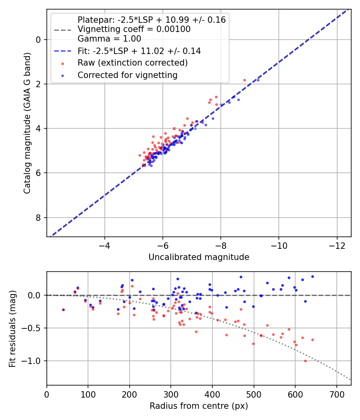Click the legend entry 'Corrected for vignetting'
click(x=128, y=75)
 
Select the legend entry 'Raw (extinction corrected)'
click(x=132, y=63)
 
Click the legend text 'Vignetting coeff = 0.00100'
click(x=134, y=29)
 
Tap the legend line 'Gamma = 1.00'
click(x=109, y=38)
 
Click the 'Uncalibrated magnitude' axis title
click(x=199, y=257)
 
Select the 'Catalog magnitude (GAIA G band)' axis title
click(x=27, y=123)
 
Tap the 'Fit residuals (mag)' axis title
click(x=12, y=329)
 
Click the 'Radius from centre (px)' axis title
click(x=199, y=406)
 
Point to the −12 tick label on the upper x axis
click(x=337, y=246)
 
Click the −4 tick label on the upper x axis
click(x=104, y=246)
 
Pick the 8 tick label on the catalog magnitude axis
click(x=38, y=218)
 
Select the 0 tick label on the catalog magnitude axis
click(x=38, y=40)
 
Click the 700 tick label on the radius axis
click(x=336, y=394)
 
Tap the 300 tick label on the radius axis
click(x=171, y=394)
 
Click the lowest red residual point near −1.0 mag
click(x=305, y=361)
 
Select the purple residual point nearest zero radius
click(x=64, y=310)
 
